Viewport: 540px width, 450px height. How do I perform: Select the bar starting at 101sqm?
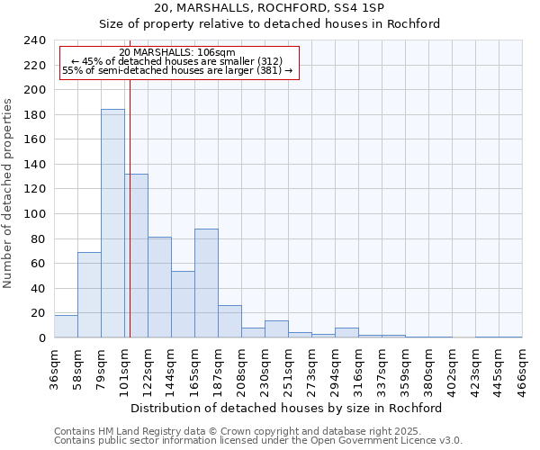(137, 256)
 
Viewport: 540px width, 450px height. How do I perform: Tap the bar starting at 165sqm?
(206, 283)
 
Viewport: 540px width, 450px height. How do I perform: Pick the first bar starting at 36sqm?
(66, 327)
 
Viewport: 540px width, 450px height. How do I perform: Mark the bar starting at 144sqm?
(183, 304)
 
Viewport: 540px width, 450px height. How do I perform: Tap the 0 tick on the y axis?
(41, 337)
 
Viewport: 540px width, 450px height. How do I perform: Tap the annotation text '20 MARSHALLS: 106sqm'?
(177, 52)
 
